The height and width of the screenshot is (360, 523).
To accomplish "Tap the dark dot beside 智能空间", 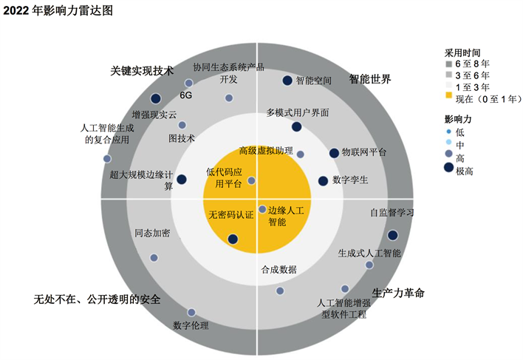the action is point(287,81).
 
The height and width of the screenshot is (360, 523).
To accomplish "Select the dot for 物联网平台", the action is point(334,153).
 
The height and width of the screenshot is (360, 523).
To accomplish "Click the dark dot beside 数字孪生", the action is point(323,181).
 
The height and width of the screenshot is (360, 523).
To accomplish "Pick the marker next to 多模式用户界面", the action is point(296,126).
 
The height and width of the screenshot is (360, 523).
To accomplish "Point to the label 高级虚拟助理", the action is point(265,151).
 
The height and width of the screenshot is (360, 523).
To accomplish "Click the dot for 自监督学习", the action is point(392,235).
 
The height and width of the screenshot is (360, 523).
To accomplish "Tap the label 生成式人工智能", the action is point(369,253).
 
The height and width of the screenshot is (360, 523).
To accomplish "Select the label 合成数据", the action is point(279,270).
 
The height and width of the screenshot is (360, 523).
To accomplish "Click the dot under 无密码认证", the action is point(233,239).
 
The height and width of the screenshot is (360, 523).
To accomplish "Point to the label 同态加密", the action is point(152,233).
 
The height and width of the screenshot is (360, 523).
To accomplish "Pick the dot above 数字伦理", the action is point(191,313).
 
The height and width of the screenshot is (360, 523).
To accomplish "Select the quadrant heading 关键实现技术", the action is point(142,71).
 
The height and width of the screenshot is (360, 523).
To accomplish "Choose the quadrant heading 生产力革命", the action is point(398,293).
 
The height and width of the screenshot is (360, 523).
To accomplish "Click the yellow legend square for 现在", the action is point(448,95).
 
